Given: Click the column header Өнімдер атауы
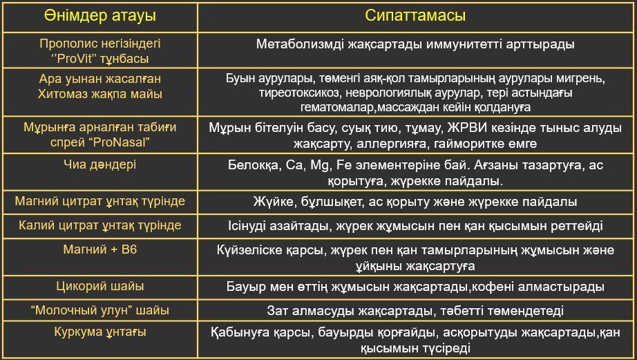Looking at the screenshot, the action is [x=100, y=15].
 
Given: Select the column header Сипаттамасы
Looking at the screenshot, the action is [x=415, y=15].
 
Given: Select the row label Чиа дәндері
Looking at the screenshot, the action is [x=100, y=164].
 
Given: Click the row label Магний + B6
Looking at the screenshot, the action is [x=100, y=249].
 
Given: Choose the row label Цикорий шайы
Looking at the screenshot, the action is [x=100, y=286].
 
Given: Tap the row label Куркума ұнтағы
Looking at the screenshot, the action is [x=100, y=332].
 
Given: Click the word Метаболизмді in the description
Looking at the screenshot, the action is [x=300, y=44].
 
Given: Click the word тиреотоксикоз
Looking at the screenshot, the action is [x=299, y=93].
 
